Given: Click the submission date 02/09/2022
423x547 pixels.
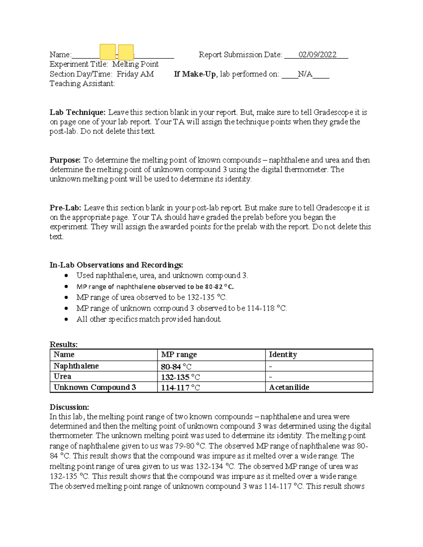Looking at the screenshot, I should click(317, 55).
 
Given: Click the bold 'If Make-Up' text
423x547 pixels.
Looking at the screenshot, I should click(195, 74).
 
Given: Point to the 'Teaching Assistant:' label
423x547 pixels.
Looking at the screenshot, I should click(82, 83).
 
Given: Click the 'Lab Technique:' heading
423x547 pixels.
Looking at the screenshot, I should click(78, 112).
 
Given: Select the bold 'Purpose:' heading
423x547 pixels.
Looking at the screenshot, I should click(65, 160).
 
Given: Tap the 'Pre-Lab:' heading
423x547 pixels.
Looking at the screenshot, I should click(66, 208).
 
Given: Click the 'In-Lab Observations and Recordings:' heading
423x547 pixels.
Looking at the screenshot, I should click(116, 265).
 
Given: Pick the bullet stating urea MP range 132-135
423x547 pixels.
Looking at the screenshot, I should click(149, 297).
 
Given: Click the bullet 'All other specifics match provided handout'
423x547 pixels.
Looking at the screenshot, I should click(149, 319).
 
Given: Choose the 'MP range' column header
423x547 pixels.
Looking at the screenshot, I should click(179, 355).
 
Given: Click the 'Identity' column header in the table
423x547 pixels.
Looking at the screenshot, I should click(283, 355).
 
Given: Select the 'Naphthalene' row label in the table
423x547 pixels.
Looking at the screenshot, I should click(76, 366).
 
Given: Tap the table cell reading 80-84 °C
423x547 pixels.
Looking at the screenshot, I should click(176, 367).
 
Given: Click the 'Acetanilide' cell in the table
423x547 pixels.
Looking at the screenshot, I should click(289, 387).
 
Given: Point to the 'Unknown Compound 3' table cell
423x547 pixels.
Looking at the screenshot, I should click(94, 387).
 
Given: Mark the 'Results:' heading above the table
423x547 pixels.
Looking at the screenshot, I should click(63, 344).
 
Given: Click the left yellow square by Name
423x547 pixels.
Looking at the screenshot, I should click(108, 52).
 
